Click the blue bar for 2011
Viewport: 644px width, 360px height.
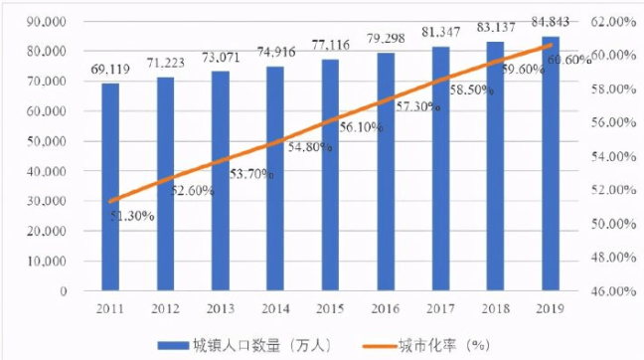point(110,187)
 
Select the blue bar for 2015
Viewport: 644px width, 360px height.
point(330,175)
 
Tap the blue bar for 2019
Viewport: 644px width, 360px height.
point(551,163)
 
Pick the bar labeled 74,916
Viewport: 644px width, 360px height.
point(275,178)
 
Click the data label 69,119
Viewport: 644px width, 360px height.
point(110,70)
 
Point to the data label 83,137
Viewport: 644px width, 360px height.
point(496,28)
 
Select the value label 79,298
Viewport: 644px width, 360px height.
point(386,39)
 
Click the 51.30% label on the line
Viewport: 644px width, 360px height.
point(132,216)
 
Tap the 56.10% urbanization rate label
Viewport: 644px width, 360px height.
point(361,127)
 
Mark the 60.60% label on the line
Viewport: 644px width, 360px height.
point(569,60)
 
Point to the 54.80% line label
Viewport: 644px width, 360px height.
point(310,147)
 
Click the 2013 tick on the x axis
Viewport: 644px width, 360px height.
point(221,309)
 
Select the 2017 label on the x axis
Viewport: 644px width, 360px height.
point(440,309)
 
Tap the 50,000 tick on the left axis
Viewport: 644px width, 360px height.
point(47,141)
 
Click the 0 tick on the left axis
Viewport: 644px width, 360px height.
point(64,291)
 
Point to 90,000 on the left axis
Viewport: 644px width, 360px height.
point(47,21)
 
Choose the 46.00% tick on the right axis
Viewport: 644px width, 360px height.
point(613,291)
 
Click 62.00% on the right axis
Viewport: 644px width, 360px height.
point(613,21)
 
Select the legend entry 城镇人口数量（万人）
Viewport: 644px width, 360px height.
point(244,346)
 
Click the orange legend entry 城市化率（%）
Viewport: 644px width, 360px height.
point(426,346)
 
